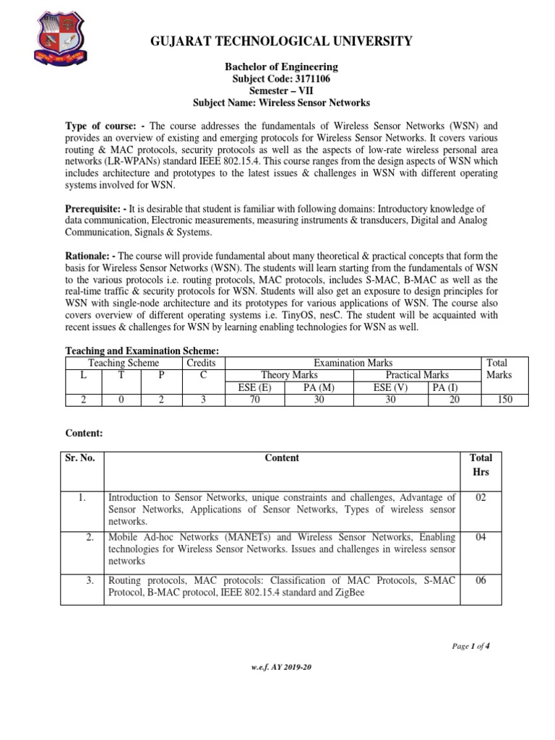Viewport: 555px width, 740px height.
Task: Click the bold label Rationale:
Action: pyautogui.click(x=90, y=257)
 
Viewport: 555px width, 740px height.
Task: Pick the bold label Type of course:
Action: pyautogui.click(x=104, y=126)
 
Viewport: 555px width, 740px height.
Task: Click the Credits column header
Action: pyautogui.click(x=201, y=363)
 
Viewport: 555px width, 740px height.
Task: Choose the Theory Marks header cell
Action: pyautogui.click(x=289, y=375)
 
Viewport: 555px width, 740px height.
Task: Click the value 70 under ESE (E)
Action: pyautogui.click(x=255, y=400)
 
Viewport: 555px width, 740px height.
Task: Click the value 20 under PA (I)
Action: pyautogui.click(x=453, y=400)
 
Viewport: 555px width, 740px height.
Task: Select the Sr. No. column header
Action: pyautogui.click(x=81, y=457)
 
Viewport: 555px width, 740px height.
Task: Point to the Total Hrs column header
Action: pyautogui.click(x=481, y=465)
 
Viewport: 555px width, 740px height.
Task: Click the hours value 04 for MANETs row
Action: pyautogui.click(x=480, y=538)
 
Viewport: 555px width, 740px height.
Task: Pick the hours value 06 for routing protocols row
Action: pyautogui.click(x=480, y=580)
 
